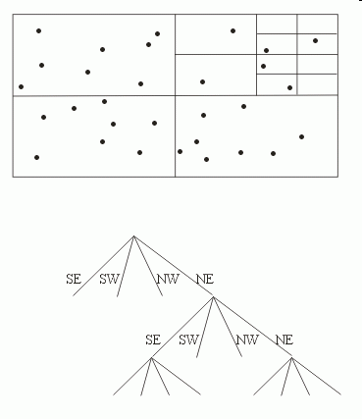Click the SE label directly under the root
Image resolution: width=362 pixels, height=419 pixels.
click(x=73, y=280)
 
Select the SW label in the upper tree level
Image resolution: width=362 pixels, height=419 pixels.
click(x=110, y=280)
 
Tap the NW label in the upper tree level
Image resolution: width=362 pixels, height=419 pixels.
click(x=167, y=280)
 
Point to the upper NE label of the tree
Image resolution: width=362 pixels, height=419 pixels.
click(x=204, y=280)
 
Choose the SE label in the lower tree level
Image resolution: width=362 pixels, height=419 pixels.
click(x=152, y=340)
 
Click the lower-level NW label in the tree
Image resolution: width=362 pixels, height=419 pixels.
click(x=246, y=340)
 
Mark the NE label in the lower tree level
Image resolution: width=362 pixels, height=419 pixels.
click(x=284, y=340)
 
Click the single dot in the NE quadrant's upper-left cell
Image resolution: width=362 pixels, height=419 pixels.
click(x=233, y=30)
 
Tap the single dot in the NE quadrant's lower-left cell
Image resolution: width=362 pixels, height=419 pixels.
click(x=202, y=81)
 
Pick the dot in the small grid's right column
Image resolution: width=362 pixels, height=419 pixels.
click(x=315, y=40)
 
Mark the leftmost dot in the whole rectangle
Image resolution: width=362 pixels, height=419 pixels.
click(x=21, y=87)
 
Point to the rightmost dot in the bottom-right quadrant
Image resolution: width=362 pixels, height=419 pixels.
click(x=301, y=136)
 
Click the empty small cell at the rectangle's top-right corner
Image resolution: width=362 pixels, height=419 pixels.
click(x=317, y=24)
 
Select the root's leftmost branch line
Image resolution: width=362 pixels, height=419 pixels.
click(x=110, y=259)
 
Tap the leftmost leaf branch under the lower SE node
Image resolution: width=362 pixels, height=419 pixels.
click(x=131, y=378)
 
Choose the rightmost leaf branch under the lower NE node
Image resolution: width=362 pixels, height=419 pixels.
click(x=316, y=378)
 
